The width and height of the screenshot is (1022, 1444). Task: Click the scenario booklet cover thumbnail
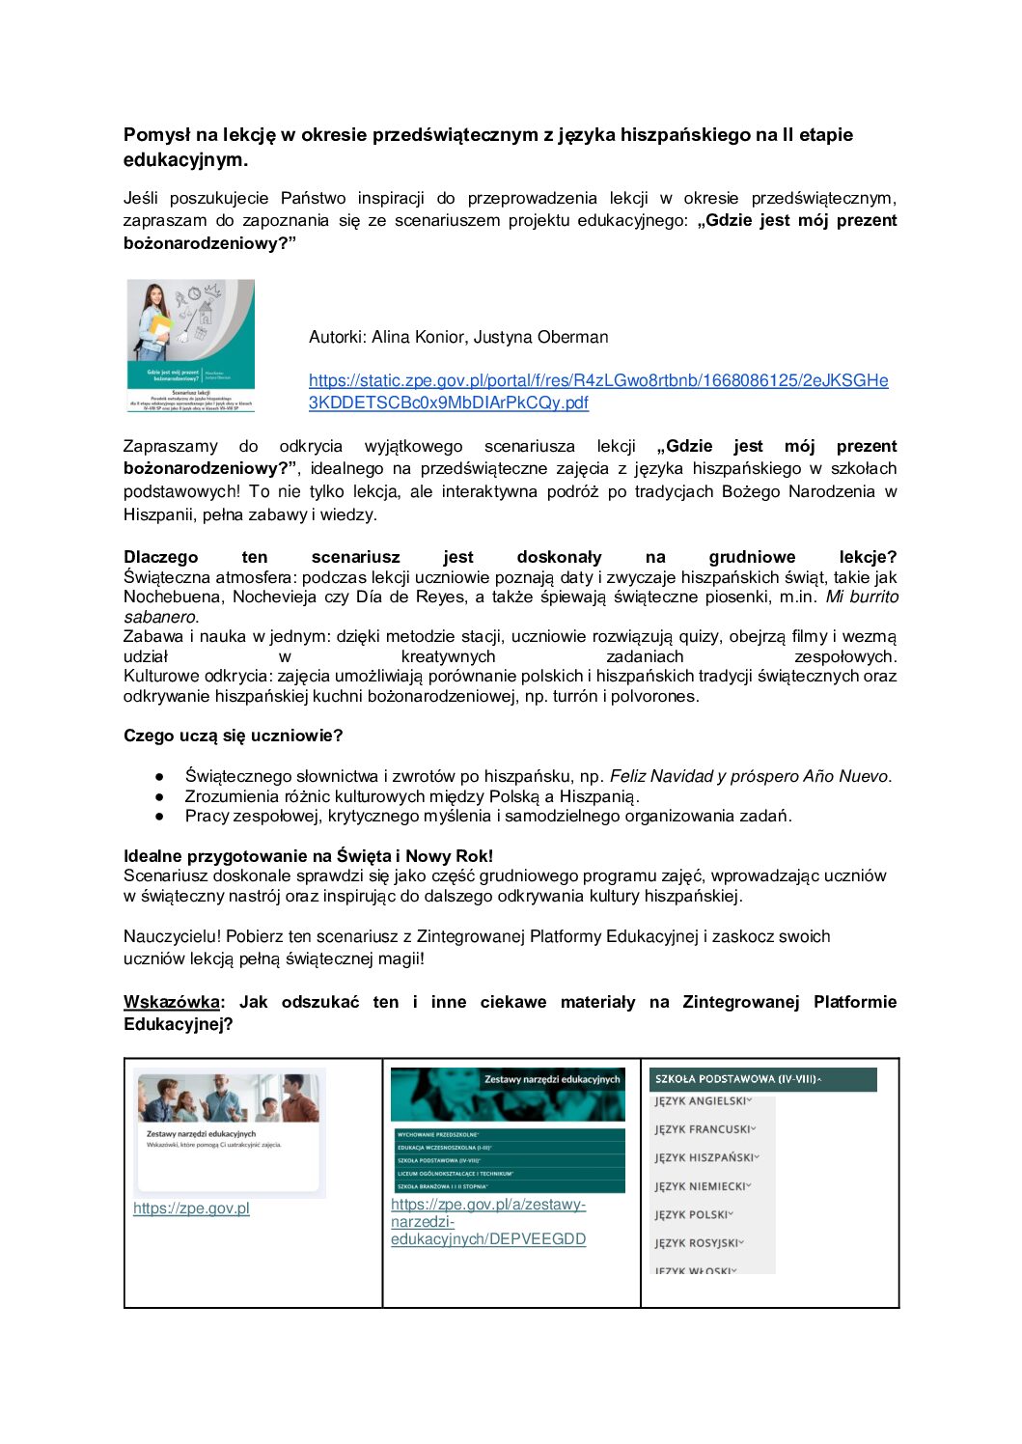[x=191, y=346]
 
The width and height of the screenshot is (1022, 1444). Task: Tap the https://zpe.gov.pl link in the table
[x=191, y=1208]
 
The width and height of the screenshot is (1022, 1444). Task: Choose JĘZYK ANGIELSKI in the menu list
[x=702, y=1101]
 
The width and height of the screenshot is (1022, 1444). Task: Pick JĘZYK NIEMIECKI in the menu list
[x=702, y=1186]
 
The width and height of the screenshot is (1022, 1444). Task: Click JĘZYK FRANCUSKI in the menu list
[x=704, y=1129]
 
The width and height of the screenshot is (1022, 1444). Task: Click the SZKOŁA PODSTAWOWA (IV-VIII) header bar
[x=761, y=1079]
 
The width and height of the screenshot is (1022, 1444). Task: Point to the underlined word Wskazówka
[x=171, y=1002]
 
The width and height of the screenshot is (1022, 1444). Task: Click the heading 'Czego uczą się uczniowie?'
[x=233, y=736]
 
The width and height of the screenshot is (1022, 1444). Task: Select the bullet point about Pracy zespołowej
[x=487, y=816]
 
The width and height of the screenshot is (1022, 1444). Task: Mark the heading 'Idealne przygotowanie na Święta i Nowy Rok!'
[x=308, y=856]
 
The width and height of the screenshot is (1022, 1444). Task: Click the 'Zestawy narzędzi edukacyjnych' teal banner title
[x=552, y=1079]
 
